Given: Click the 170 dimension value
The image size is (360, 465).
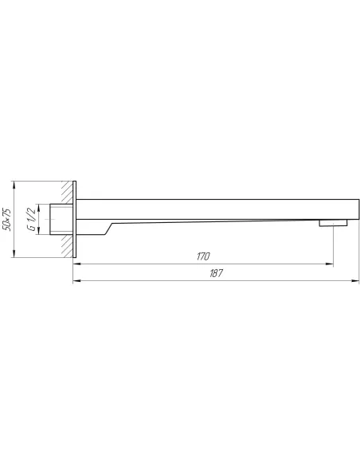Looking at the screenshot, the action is pos(203,256).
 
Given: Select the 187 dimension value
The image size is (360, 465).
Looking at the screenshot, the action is pos(216,273).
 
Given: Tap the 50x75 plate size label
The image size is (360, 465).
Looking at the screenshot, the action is pos(6,219).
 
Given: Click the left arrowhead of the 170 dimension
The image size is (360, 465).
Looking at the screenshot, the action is pos(77,264).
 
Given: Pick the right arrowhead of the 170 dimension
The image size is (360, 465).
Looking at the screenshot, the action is pos(330,264).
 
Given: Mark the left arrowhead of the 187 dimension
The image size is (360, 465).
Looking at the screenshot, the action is pos(77,280).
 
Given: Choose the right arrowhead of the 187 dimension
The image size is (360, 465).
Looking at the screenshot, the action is pos(355,280).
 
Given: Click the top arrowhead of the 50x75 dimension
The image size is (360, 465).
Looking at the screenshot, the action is pos(14,185).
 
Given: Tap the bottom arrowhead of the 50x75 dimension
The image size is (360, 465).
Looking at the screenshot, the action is pos(14,254).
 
